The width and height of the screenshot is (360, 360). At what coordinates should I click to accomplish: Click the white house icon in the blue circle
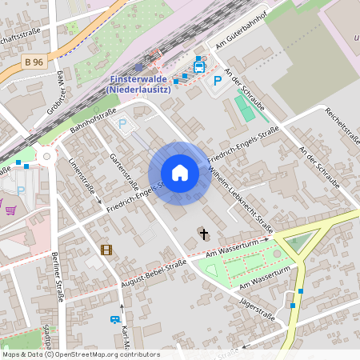(180, 173)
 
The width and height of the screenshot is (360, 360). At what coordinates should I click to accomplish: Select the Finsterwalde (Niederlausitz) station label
(141, 84)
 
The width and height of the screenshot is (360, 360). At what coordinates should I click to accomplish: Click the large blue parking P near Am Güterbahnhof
(217, 81)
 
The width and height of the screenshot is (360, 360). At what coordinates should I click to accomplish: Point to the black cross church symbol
(203, 234)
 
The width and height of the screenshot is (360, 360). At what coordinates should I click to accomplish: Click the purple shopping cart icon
(10, 210)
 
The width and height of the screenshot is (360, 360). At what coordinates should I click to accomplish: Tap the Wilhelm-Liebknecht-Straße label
(240, 200)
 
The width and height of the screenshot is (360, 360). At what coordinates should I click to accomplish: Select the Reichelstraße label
(345, 127)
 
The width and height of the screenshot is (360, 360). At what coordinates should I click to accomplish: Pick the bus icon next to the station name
(198, 68)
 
